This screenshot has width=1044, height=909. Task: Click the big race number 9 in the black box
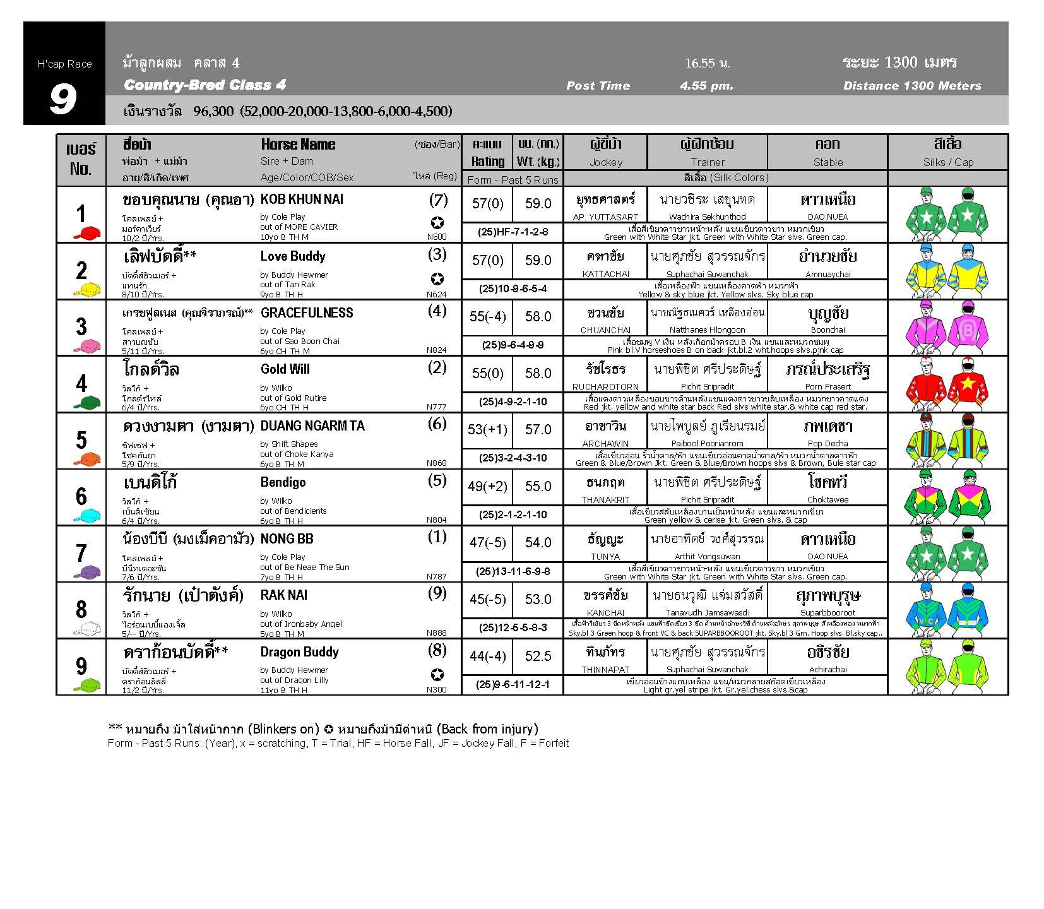pyautogui.click(x=63, y=99)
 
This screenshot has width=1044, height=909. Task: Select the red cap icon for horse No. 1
pyautogui.click(x=87, y=234)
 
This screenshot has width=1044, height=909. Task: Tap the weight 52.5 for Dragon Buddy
pyautogui.click(x=538, y=656)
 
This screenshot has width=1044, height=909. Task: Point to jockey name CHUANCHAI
pyautogui.click(x=605, y=330)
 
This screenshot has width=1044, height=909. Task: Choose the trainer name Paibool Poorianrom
pyautogui.click(x=707, y=443)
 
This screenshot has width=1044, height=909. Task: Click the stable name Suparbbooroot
pyautogui.click(x=827, y=612)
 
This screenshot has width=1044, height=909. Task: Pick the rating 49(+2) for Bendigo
pyautogui.click(x=487, y=486)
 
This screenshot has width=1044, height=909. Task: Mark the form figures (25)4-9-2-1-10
pyautogui.click(x=513, y=401)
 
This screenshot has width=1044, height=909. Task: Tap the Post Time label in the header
pyautogui.click(x=598, y=86)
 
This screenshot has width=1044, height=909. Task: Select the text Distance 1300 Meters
pyautogui.click(x=912, y=86)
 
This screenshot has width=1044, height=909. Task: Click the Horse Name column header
pyautogui.click(x=298, y=145)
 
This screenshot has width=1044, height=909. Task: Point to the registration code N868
pyautogui.click(x=436, y=463)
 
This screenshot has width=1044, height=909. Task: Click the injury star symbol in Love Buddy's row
pyautogui.click(x=437, y=279)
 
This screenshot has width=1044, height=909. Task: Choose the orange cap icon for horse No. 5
pyautogui.click(x=87, y=459)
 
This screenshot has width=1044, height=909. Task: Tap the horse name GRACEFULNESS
pyautogui.click(x=307, y=313)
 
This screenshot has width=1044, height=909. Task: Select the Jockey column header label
pyautogui.click(x=605, y=162)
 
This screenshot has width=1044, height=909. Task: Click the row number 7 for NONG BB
pyautogui.click(x=81, y=553)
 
